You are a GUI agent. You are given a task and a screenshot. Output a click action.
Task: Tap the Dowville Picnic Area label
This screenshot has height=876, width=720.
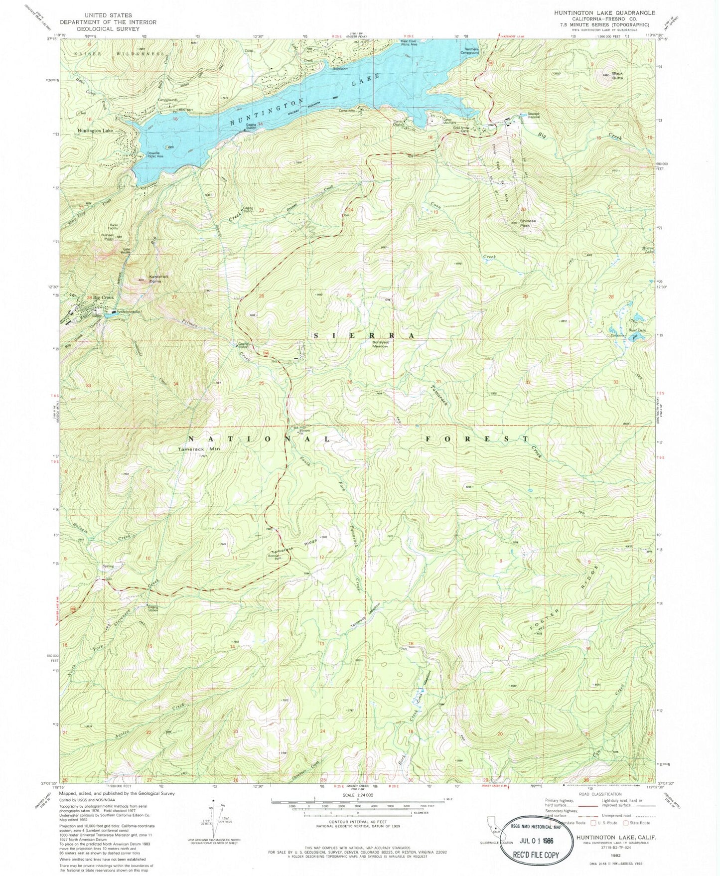point(155,154)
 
